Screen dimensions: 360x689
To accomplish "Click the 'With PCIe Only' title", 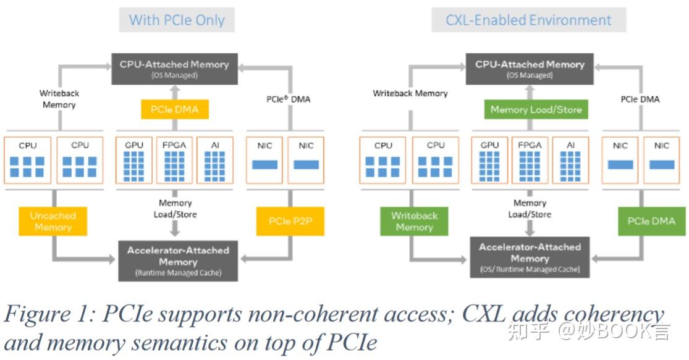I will (x=177, y=20).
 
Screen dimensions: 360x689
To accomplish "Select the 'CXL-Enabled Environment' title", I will (x=528, y=20).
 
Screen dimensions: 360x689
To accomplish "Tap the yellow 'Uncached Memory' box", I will (x=53, y=222).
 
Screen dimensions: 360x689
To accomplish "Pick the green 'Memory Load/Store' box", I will (x=536, y=109).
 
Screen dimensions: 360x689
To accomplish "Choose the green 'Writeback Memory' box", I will (x=414, y=222).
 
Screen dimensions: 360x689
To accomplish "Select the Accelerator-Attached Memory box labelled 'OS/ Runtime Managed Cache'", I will (x=530, y=257).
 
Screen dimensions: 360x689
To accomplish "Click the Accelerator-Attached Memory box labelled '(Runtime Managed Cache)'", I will (x=178, y=261).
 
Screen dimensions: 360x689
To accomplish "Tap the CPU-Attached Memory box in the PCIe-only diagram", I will (x=174, y=69).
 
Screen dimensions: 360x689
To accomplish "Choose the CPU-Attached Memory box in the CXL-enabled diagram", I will (x=530, y=69).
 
